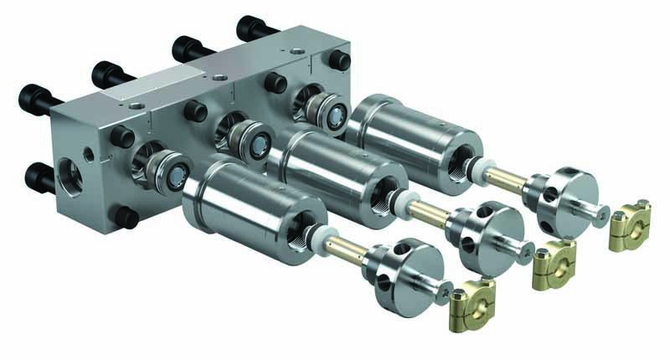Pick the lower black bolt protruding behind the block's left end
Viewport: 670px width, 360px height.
[x=39, y=176]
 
